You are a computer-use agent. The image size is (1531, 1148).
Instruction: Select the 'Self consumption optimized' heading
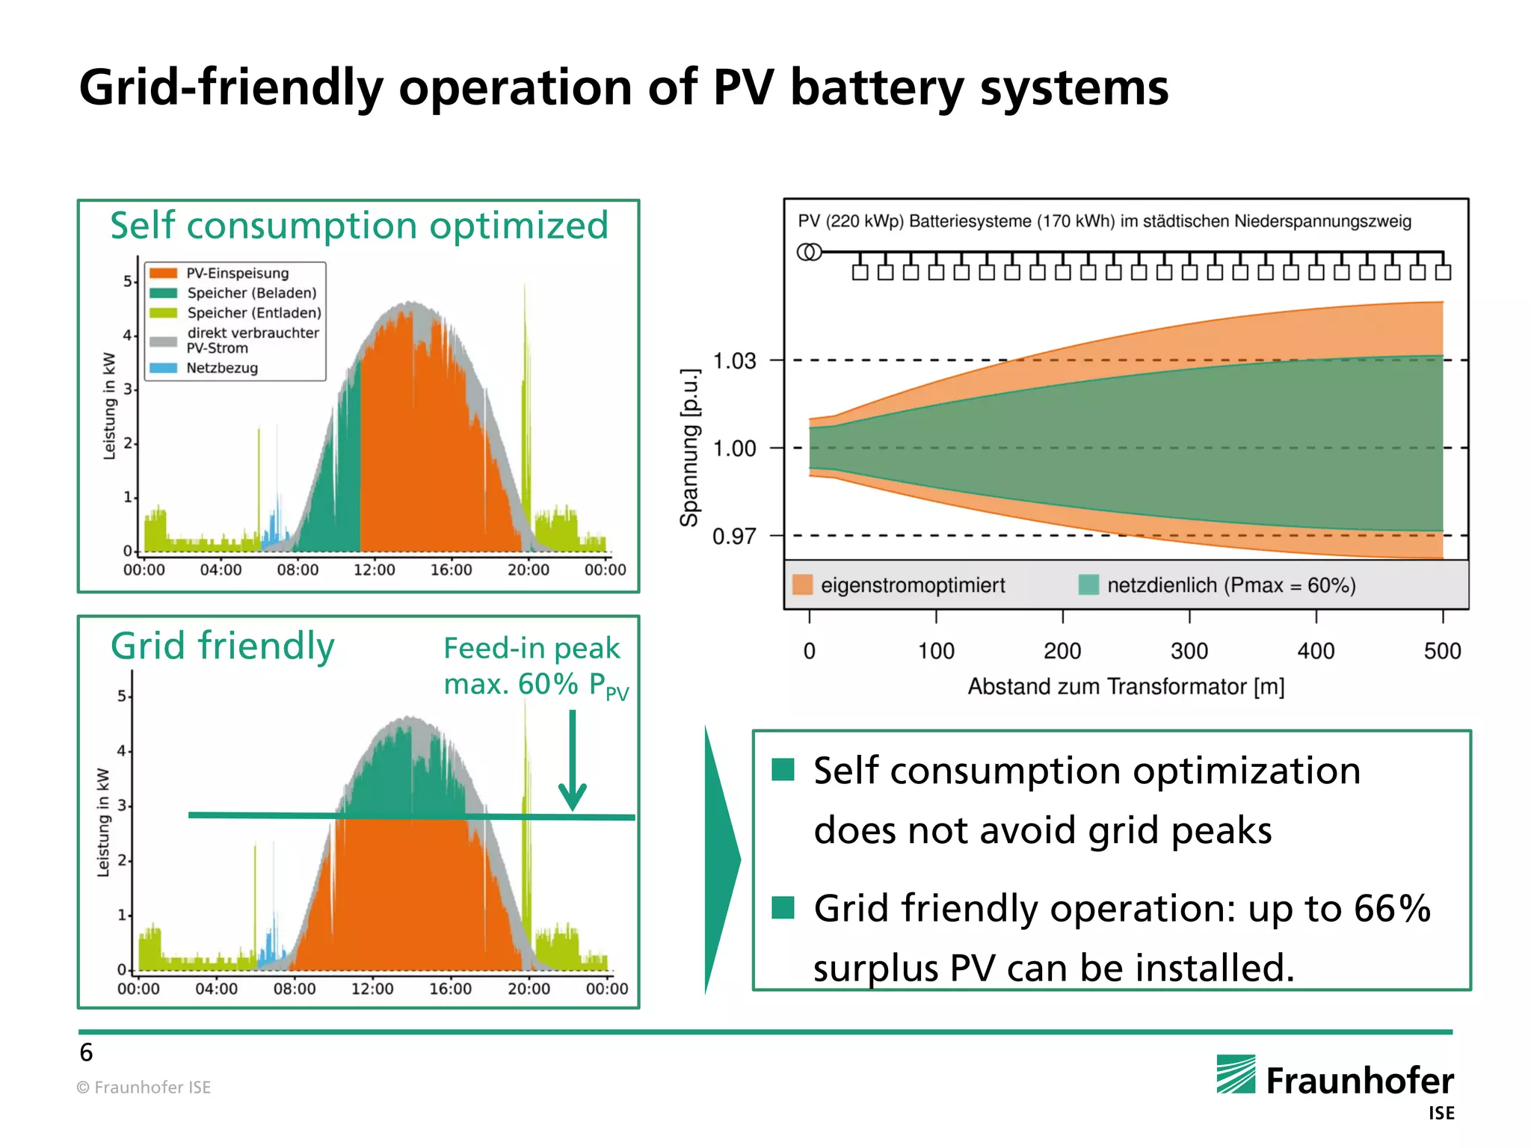pyautogui.click(x=359, y=226)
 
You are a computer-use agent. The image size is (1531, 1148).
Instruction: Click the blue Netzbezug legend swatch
pyautogui.click(x=163, y=368)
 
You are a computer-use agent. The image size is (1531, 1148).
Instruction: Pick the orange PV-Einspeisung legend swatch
pyautogui.click(x=163, y=273)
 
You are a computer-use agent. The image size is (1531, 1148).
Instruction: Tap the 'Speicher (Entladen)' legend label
pyautogui.click(x=254, y=312)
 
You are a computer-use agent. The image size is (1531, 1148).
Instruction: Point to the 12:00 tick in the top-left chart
pyautogui.click(x=374, y=570)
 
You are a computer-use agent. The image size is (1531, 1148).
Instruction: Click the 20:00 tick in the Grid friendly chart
pyautogui.click(x=529, y=988)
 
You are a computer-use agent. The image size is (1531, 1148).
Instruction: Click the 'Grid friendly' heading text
pyautogui.click(x=222, y=646)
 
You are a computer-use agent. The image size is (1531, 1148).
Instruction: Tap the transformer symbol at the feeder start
pyautogui.click(x=809, y=252)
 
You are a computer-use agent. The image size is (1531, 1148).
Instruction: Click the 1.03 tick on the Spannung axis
pyautogui.click(x=734, y=361)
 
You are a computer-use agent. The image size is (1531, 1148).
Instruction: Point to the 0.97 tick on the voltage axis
pyautogui.click(x=734, y=536)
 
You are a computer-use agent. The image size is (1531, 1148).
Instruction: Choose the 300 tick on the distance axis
pyautogui.click(x=1189, y=650)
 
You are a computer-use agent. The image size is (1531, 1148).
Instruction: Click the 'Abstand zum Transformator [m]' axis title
pyautogui.click(x=1126, y=686)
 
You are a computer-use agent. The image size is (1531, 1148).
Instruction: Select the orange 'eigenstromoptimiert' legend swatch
pyautogui.click(x=802, y=584)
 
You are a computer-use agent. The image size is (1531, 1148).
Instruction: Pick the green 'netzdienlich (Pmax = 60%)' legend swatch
pyautogui.click(x=1088, y=584)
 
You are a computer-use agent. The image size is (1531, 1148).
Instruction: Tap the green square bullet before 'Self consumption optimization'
pyautogui.click(x=783, y=769)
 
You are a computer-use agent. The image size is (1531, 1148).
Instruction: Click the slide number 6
pyautogui.click(x=86, y=1052)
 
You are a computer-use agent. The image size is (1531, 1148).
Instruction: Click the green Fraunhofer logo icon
pyautogui.click(x=1236, y=1074)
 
